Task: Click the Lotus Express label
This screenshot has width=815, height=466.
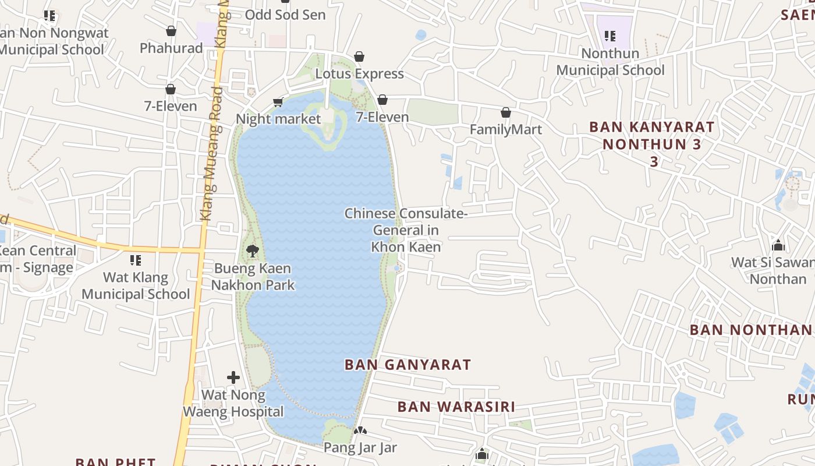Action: [x=359, y=74]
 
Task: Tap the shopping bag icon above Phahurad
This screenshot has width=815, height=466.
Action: [x=171, y=31]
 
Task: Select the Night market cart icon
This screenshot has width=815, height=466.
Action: [x=278, y=103]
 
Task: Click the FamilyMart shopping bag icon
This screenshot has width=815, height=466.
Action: [x=506, y=112]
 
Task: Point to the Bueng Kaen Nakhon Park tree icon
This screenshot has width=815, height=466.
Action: [x=253, y=251]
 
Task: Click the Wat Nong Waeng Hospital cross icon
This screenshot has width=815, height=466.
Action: [x=233, y=377]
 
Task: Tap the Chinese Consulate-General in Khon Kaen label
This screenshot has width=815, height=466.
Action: [x=406, y=230]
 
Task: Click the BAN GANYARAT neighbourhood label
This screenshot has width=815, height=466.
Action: [x=408, y=365]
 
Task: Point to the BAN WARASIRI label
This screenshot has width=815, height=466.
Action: [x=456, y=407]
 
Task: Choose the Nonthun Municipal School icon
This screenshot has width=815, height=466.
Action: [x=610, y=36]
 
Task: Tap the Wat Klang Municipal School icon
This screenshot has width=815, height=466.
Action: [x=136, y=260]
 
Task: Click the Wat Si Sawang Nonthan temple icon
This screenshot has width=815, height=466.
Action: [x=778, y=245]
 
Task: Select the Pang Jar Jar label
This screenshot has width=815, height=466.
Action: [x=360, y=448]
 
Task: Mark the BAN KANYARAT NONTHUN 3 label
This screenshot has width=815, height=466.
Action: [x=651, y=143]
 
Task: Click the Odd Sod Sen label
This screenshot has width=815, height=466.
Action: [x=285, y=15]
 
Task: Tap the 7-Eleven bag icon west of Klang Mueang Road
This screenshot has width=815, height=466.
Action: [x=171, y=89]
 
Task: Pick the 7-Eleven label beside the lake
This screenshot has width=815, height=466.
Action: [x=382, y=117]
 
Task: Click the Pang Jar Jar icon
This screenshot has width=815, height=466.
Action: [x=360, y=431]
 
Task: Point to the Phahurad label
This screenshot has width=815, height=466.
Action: [x=171, y=48]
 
